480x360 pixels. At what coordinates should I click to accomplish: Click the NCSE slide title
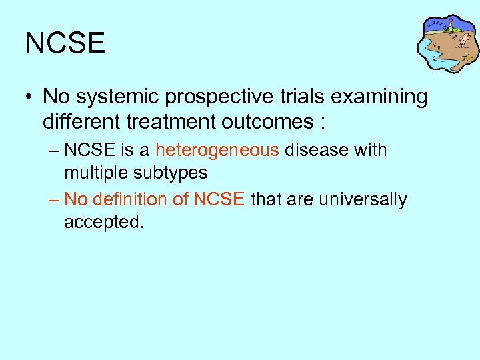(x=65, y=43)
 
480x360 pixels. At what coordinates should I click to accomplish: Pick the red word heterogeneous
(x=217, y=151)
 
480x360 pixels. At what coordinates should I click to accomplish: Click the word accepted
(x=103, y=223)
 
